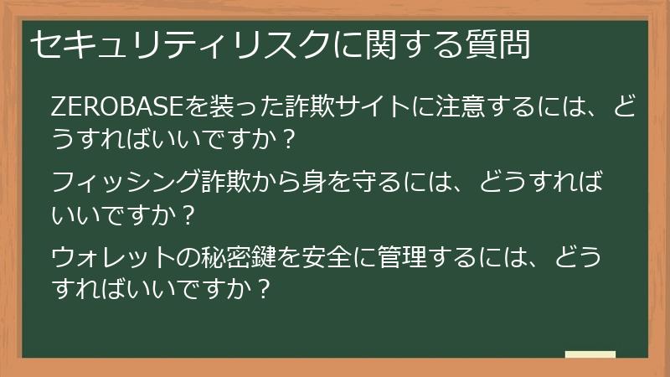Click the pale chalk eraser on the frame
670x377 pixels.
pos(590,354)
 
